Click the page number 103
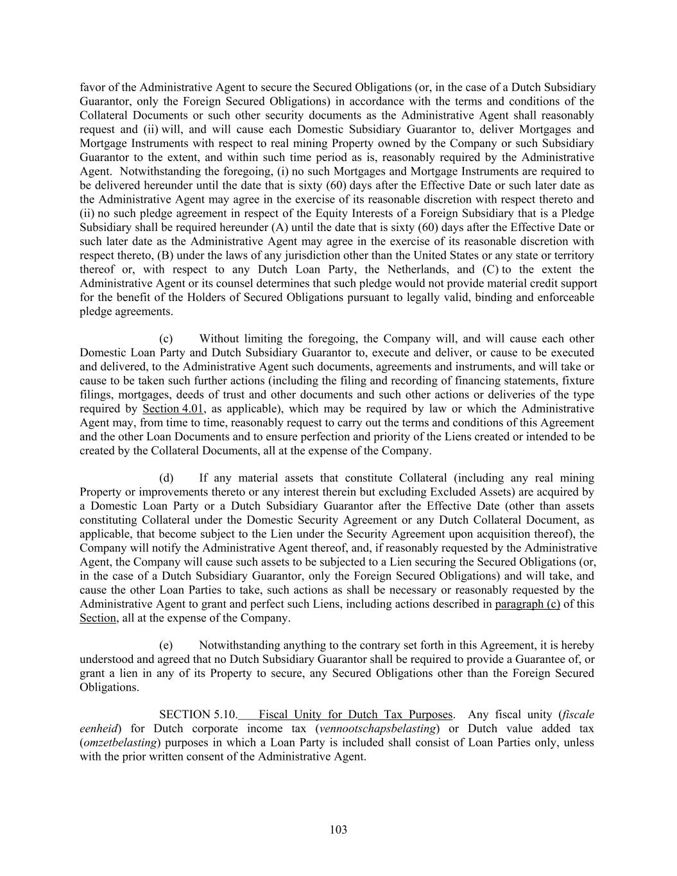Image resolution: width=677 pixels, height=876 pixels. click(x=338, y=830)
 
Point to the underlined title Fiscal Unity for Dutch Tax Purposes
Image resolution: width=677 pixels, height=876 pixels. click(x=356, y=715)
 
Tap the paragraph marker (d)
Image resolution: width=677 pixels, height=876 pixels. click(x=166, y=478)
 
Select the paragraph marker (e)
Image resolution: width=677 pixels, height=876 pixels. click(x=166, y=646)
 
